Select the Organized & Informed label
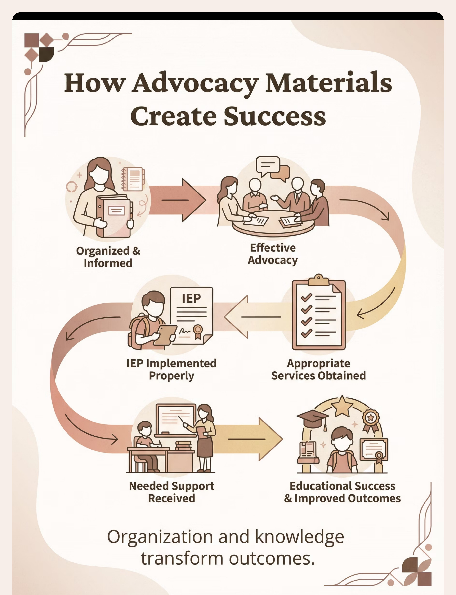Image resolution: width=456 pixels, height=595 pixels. [108, 257]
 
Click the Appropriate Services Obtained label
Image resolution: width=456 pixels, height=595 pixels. [318, 370]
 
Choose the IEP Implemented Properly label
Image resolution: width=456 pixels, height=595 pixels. [172, 370]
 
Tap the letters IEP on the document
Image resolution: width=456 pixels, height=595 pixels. [191, 298]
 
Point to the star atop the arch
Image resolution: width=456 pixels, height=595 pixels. [342, 407]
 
